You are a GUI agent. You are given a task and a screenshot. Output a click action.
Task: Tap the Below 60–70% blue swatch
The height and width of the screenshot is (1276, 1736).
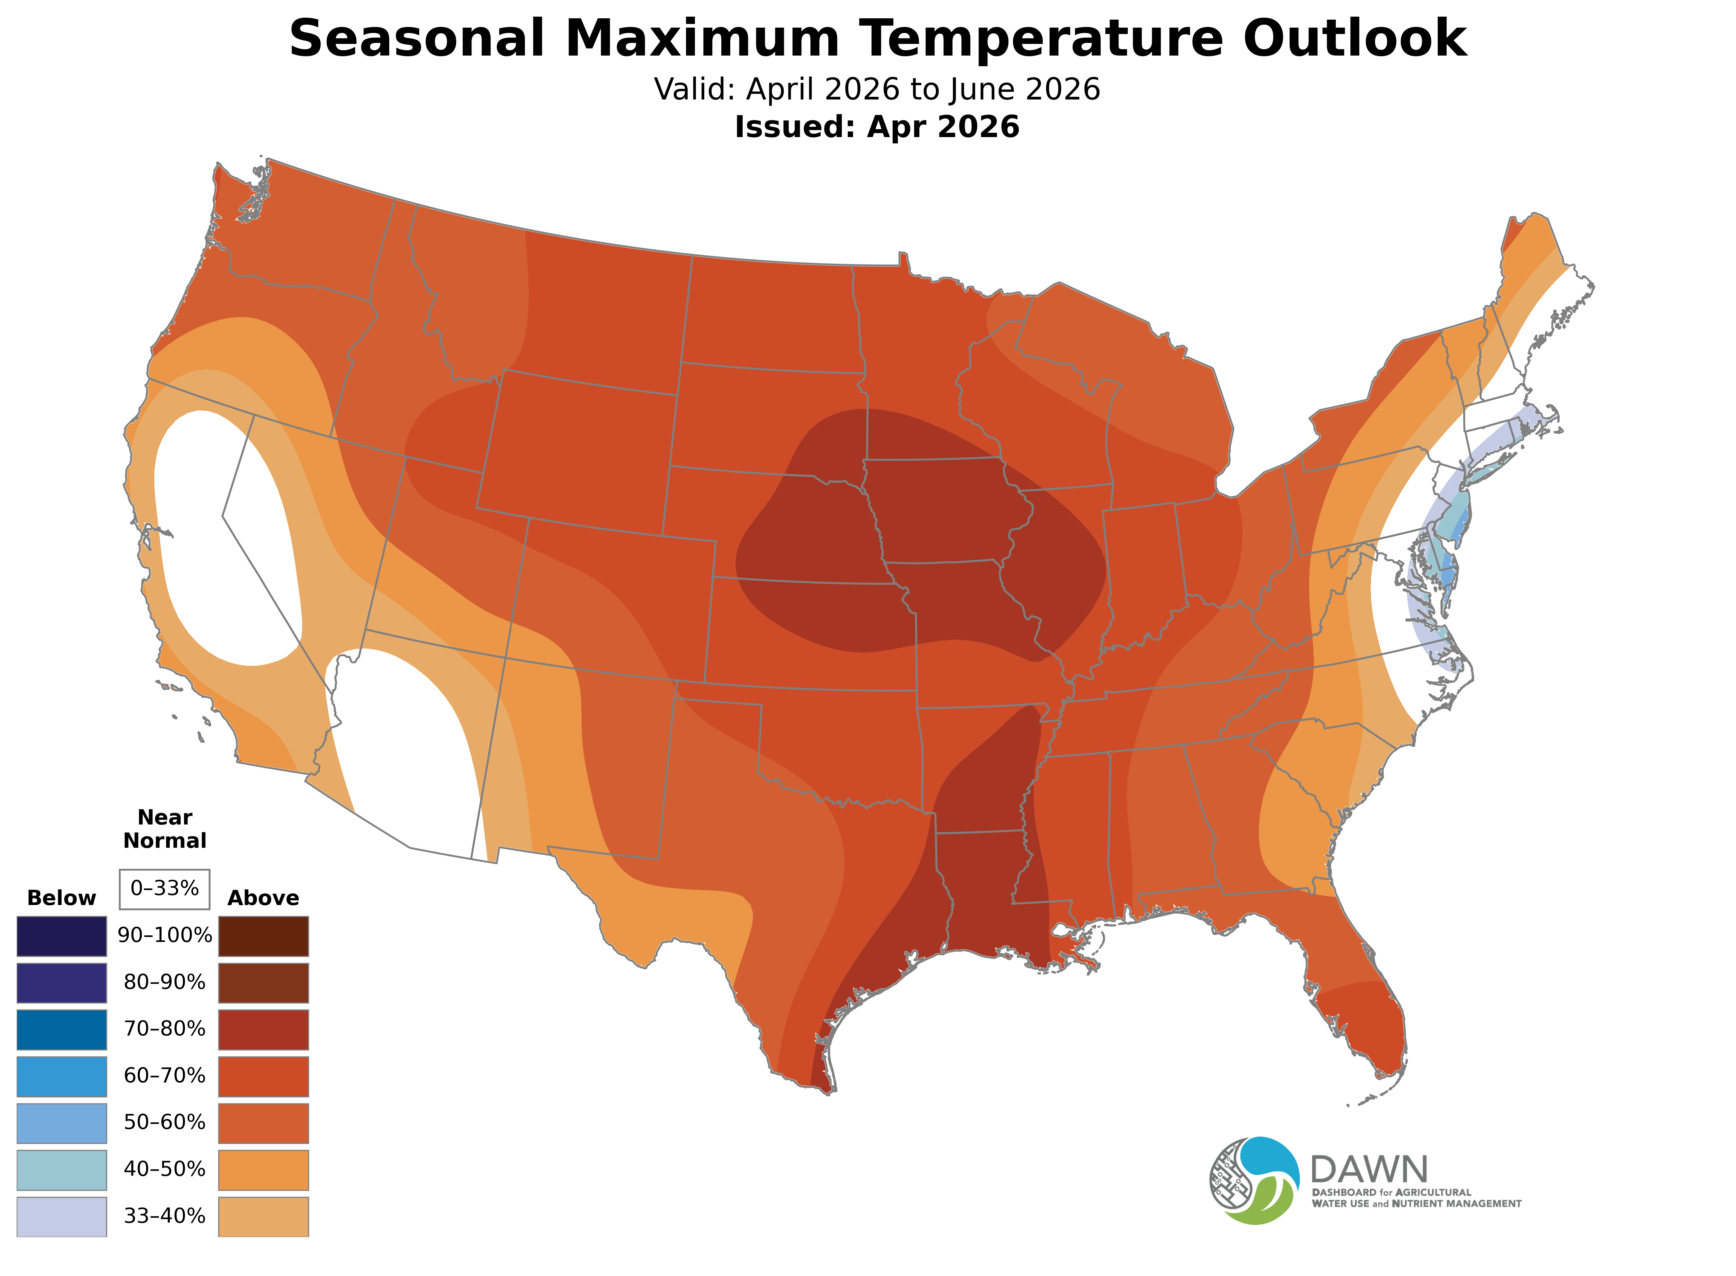click(62, 1076)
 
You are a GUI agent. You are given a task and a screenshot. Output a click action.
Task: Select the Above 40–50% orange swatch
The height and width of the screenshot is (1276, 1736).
click(263, 1170)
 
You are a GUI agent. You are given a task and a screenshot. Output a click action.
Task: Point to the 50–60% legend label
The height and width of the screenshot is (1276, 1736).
click(164, 1122)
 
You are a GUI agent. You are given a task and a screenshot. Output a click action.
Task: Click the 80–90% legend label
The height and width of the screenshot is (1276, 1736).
click(164, 983)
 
